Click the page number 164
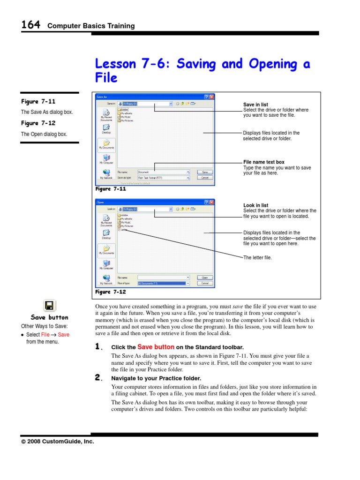[x=30, y=25]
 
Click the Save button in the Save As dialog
[x=204, y=172]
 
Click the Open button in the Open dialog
[x=204, y=277]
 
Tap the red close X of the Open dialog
[x=211, y=202]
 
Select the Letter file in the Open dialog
[x=124, y=230]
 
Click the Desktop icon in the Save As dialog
[x=106, y=128]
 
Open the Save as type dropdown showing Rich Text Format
[x=163, y=178]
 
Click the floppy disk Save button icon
[x=49, y=306]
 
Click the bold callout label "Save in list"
[x=255, y=105]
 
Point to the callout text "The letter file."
[x=257, y=258]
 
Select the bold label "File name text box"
[x=263, y=162]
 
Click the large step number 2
[x=98, y=378]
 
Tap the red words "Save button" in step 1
[x=156, y=347]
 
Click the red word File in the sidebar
[x=45, y=335]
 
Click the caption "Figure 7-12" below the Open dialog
[x=111, y=292]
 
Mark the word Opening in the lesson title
[x=273, y=64]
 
